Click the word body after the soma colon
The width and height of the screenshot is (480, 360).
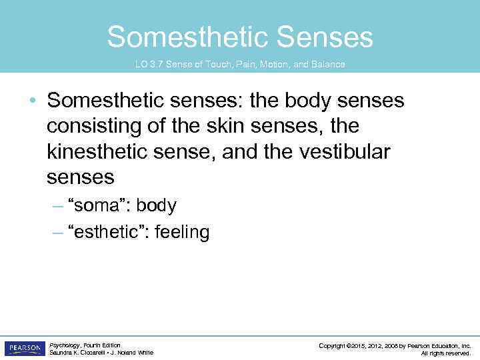(x=156, y=206)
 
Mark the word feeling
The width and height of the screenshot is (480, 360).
(x=181, y=232)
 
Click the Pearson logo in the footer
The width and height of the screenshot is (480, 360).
(x=25, y=349)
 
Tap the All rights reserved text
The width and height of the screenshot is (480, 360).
(x=446, y=353)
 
